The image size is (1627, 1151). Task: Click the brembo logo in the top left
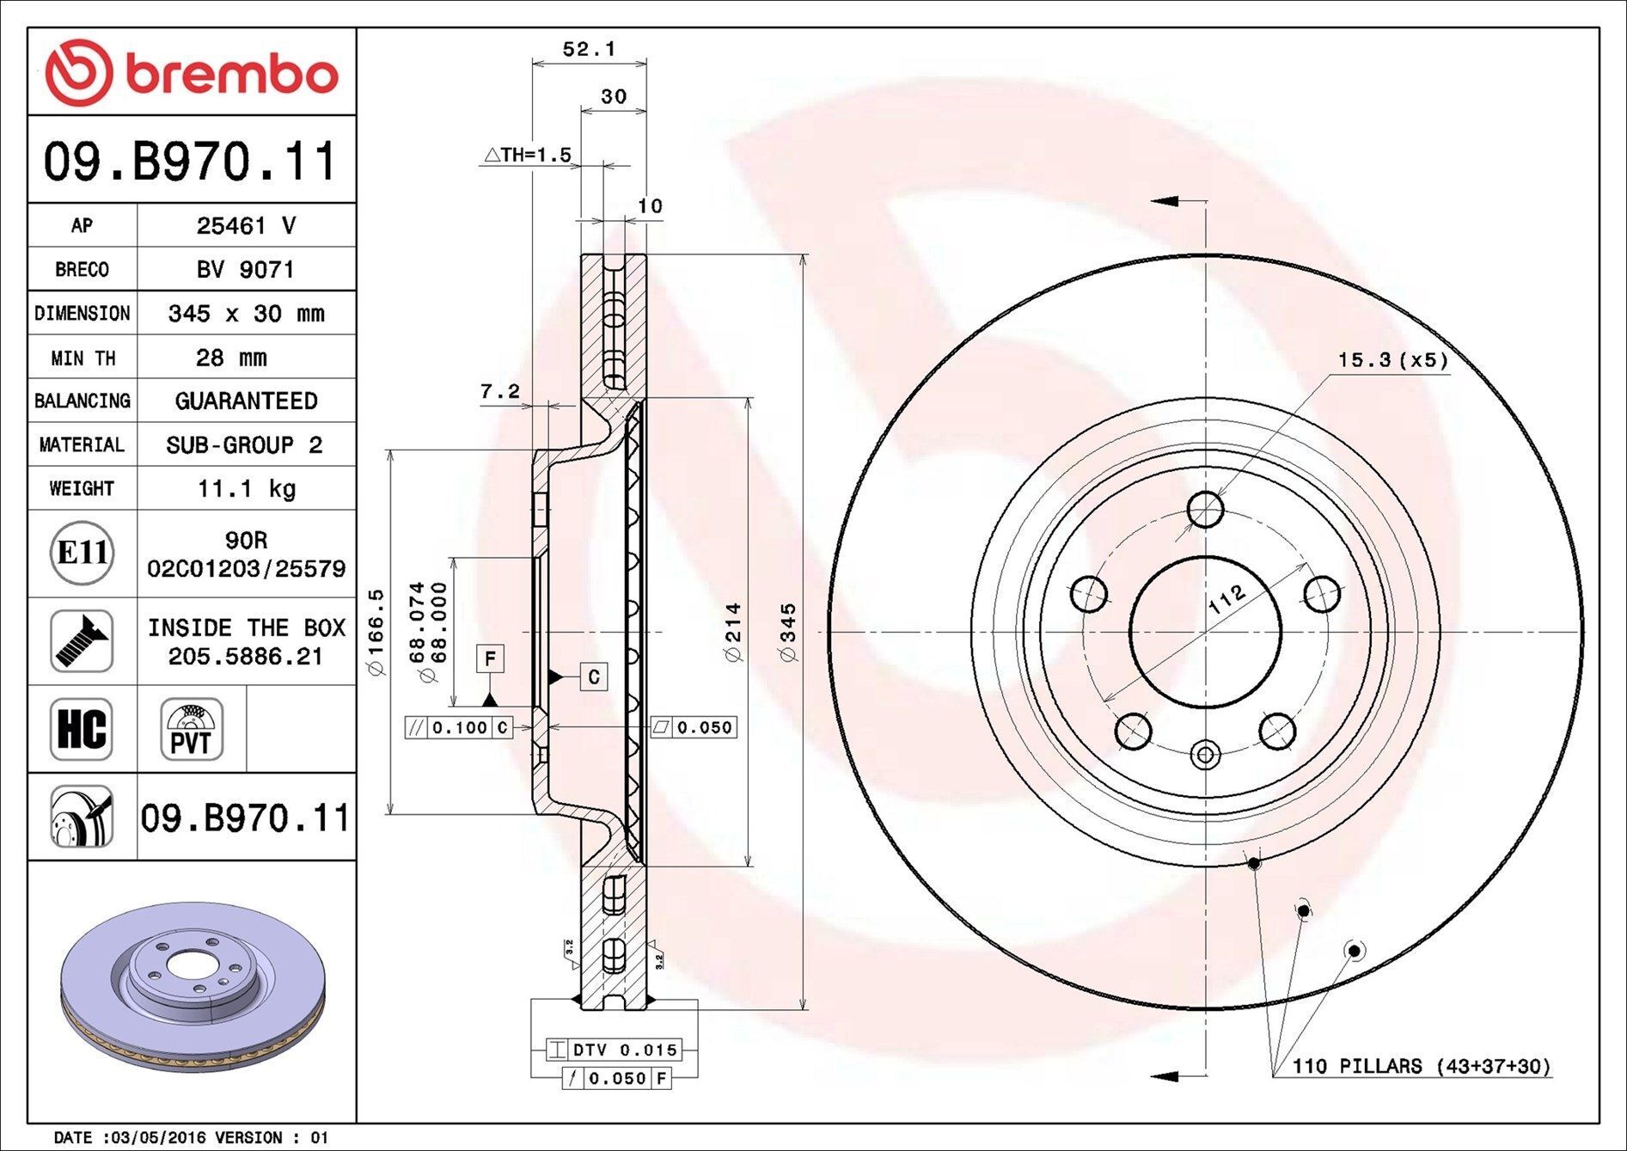191,73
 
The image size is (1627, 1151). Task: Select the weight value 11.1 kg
246,489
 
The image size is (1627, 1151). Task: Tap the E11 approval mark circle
82,553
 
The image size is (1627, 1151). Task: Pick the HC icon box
82,729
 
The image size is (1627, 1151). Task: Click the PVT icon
191,729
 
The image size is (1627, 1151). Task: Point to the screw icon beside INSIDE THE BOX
82,641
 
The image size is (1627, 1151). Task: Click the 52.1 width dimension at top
589,50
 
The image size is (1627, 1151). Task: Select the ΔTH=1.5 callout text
528,155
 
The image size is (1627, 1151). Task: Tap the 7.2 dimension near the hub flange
499,392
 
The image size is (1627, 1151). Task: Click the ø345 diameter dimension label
788,632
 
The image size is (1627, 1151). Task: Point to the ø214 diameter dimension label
732,632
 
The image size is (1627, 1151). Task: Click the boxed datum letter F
490,659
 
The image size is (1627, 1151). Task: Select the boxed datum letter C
593,677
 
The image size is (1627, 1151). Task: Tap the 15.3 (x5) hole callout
1392,360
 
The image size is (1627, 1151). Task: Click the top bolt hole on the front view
1205,509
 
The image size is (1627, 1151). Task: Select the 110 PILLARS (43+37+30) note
1422,1067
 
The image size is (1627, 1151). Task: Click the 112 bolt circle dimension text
1226,598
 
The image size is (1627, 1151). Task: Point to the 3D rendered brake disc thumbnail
193,987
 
